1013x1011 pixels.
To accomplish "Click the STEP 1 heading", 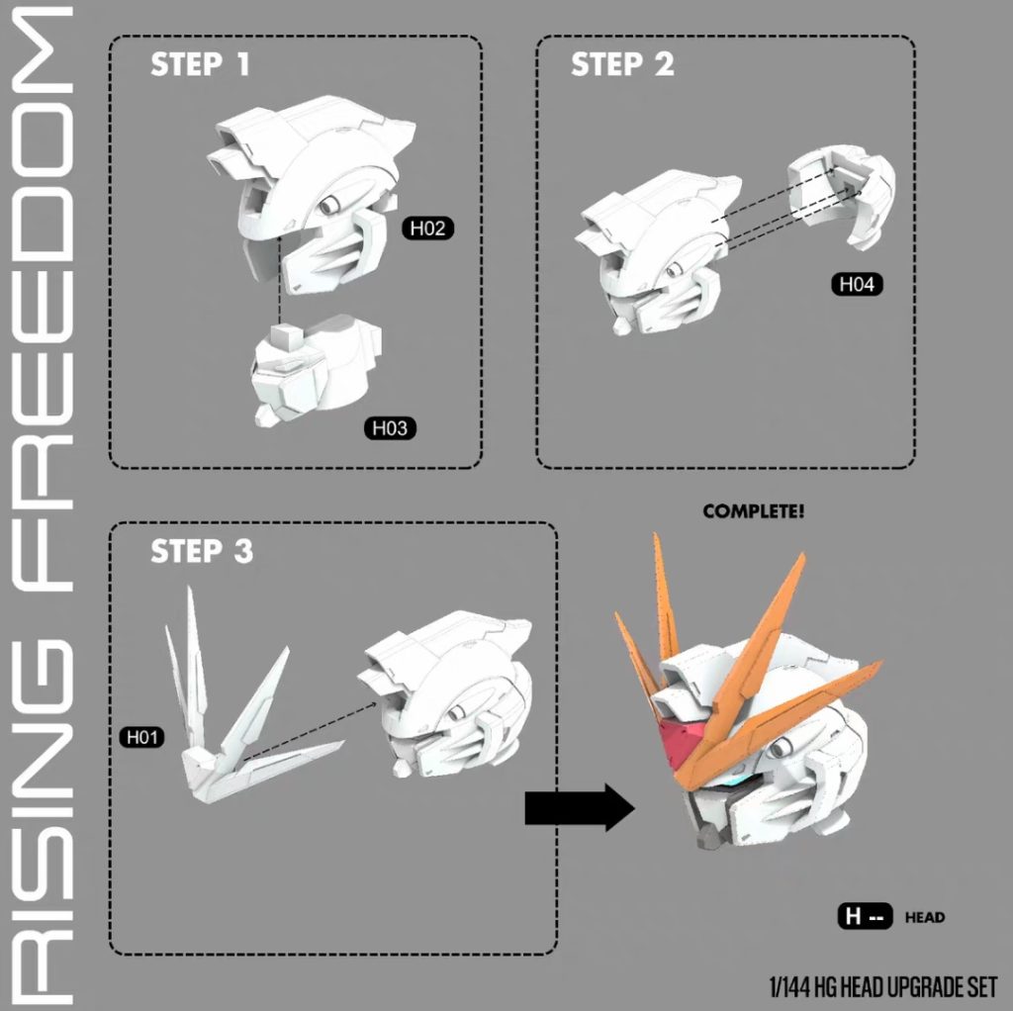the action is (x=200, y=64).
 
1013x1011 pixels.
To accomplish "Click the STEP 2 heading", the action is (x=622, y=64).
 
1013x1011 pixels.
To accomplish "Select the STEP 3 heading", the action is (x=202, y=551).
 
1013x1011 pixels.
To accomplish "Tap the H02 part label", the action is (x=427, y=229).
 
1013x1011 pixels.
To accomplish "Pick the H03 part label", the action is (x=390, y=427).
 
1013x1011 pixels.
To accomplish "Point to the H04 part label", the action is (x=857, y=284).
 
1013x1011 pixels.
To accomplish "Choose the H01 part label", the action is (x=142, y=737).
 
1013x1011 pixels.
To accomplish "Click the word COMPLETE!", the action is (x=754, y=511).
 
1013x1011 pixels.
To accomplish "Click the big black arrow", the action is (x=580, y=807).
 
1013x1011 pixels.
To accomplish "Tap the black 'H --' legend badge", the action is (x=865, y=916).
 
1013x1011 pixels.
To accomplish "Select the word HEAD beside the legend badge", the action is (x=925, y=917).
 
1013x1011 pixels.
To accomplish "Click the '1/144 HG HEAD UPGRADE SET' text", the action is (x=883, y=986).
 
